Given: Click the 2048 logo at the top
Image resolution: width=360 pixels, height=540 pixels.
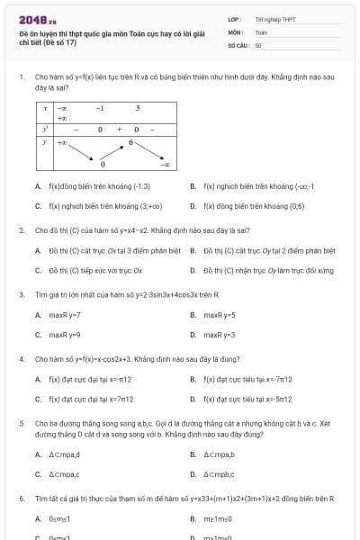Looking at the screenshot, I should pyautogui.click(x=37, y=18).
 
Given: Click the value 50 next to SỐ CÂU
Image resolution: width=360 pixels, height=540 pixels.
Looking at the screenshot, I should pyautogui.click(x=258, y=44).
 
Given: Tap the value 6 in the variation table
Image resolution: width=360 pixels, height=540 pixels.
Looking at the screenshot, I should pyautogui.click(x=130, y=142).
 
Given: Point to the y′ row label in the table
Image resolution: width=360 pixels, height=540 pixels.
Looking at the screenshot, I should pyautogui.click(x=44, y=130).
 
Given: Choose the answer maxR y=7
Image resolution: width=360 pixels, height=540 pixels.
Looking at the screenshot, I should pyautogui.click(x=64, y=315).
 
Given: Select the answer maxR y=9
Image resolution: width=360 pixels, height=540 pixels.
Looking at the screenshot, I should pyautogui.click(x=64, y=335).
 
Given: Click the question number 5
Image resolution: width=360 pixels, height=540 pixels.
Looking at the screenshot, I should pyautogui.click(x=21, y=422).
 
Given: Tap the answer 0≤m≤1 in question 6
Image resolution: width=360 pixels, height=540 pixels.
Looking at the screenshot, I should pyautogui.click(x=63, y=518).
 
